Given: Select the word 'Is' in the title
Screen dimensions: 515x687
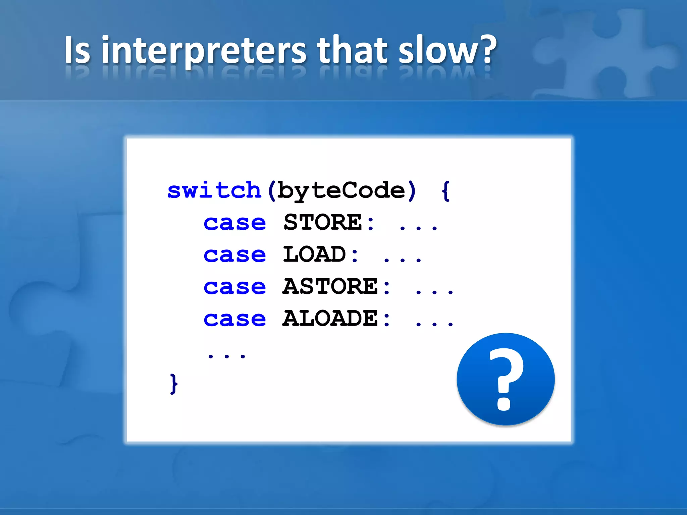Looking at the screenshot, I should pos(77,50).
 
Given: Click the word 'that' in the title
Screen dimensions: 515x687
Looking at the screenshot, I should pos(352,50).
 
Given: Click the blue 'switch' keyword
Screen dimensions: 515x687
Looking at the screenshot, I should pos(214,190).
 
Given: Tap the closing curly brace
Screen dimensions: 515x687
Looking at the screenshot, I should pos(173,384).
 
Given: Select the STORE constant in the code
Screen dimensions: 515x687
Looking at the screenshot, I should pos(323,222).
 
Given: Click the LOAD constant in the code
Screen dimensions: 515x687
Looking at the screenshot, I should pos(314,254).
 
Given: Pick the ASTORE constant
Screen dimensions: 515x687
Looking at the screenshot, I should pos(330,286).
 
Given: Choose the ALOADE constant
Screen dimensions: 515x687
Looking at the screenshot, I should pos(330,318).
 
